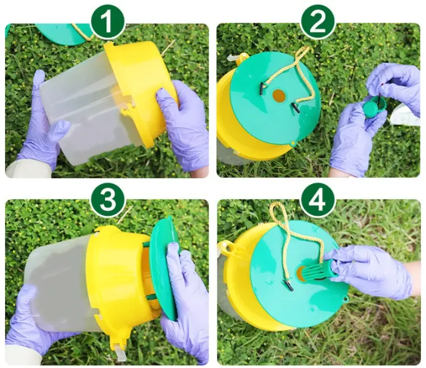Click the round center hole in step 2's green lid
point(279,96)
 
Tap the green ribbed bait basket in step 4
point(315,271)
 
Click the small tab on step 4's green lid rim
point(345,299)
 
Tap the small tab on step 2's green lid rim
point(293,144)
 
